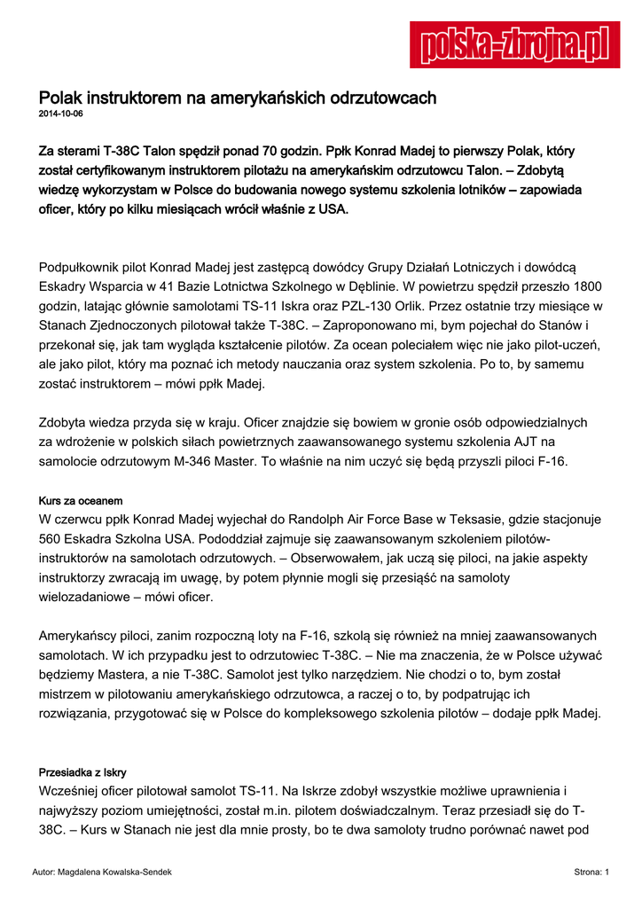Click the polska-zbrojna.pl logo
click(514, 45)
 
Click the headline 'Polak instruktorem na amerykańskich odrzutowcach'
click(238, 98)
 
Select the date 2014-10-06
click(61, 115)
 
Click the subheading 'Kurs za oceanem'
click(81, 501)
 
